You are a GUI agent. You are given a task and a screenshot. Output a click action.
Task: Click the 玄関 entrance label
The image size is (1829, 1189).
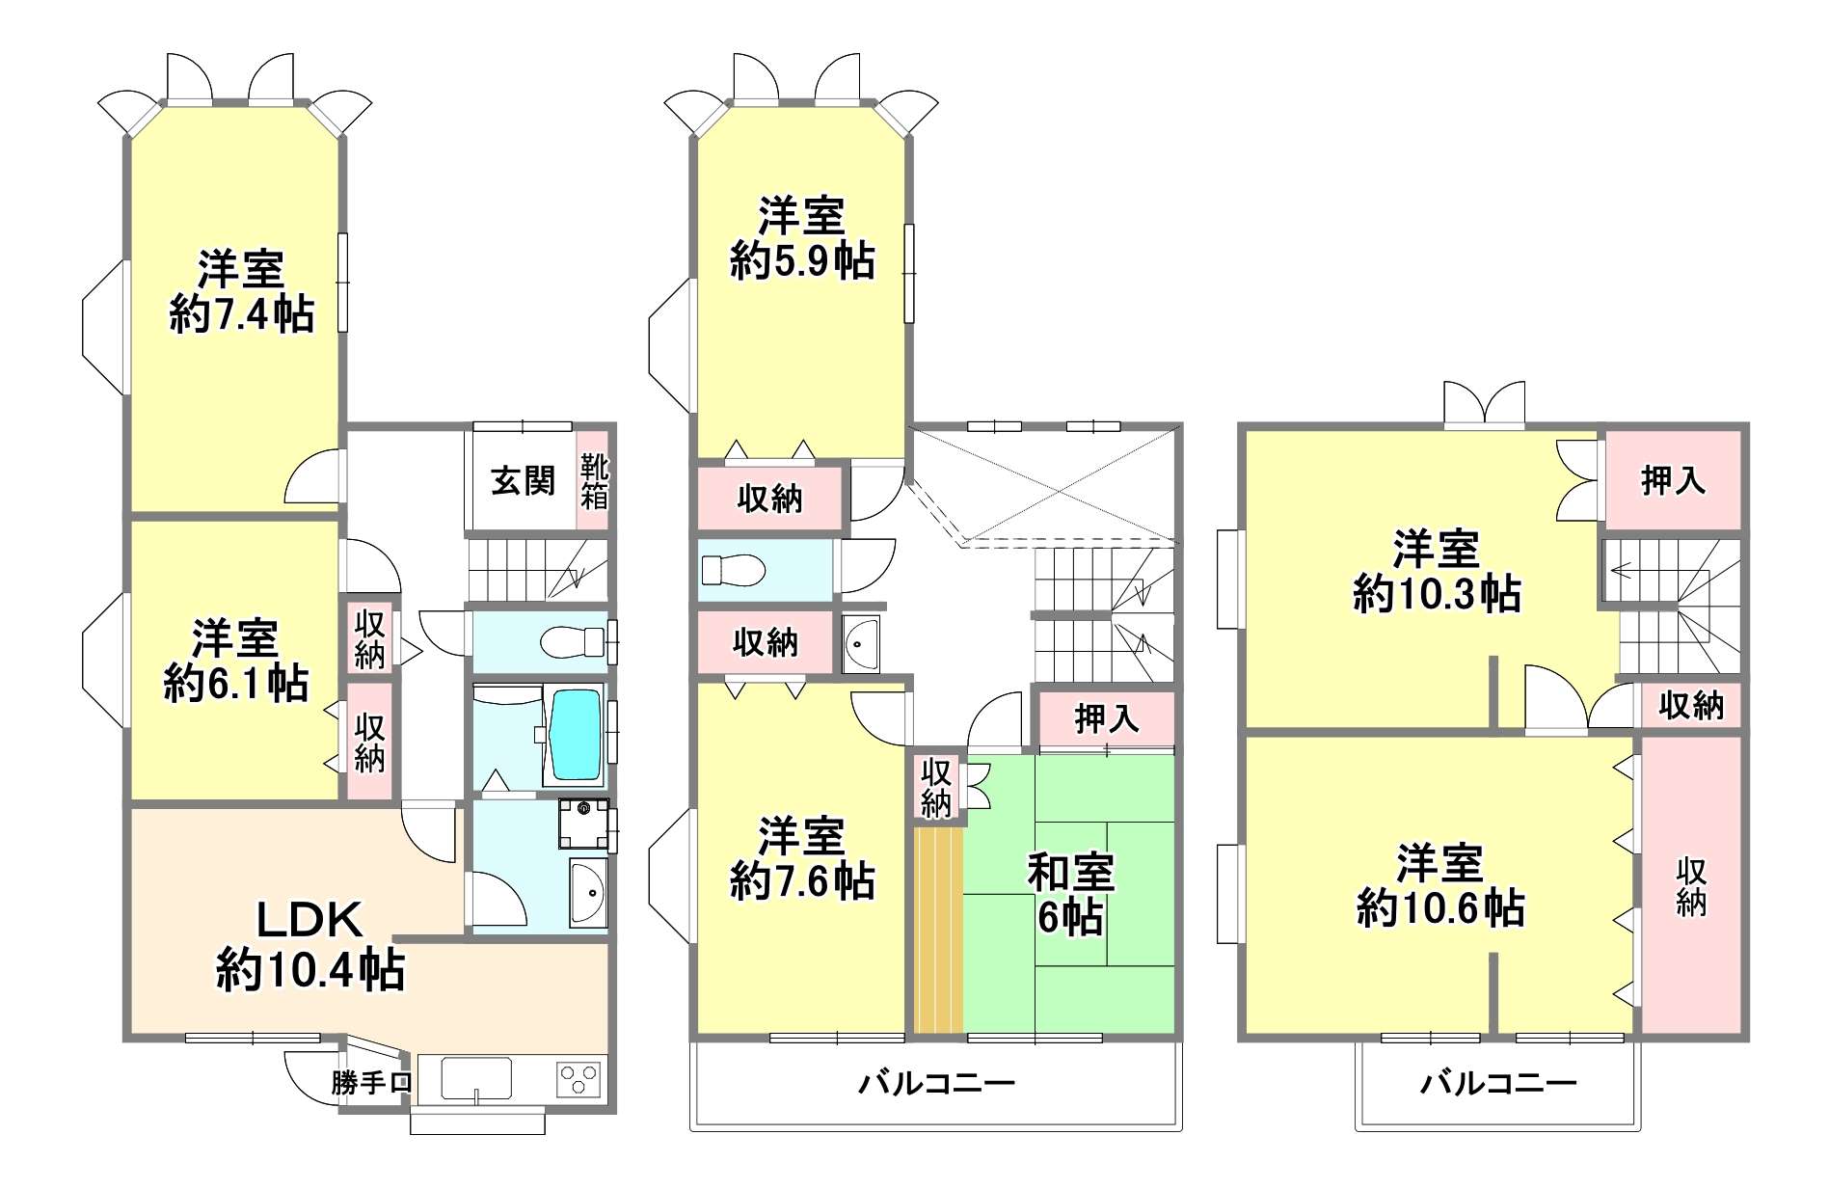pyautogui.click(x=523, y=480)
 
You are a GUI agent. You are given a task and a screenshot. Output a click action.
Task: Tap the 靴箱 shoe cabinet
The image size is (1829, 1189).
pyautogui.click(x=593, y=480)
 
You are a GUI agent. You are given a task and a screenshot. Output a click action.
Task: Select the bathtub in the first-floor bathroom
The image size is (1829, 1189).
pyautogui.click(x=575, y=733)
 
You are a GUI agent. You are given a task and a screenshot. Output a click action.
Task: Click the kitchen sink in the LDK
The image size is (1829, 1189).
pyautogui.click(x=476, y=1078)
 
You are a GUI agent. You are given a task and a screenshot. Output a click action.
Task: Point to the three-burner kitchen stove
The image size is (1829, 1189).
pyautogui.click(x=578, y=1078)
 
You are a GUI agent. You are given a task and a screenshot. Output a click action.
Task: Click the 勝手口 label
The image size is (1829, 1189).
pyautogui.click(x=371, y=1082)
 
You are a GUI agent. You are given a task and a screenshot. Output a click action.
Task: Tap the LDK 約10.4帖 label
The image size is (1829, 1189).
pyautogui.click(x=309, y=945)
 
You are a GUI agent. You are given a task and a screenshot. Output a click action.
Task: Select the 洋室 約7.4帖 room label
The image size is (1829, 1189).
pyautogui.click(x=242, y=291)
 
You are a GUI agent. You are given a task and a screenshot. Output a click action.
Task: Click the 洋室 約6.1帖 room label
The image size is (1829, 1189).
pyautogui.click(x=235, y=661)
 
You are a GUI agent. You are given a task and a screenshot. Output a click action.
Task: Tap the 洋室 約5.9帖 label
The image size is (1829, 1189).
pyautogui.click(x=802, y=238)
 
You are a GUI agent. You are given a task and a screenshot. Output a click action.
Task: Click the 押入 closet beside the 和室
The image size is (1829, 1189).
pyautogui.click(x=1107, y=718)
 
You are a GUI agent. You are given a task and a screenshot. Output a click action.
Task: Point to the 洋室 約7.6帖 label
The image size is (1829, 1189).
pyautogui.click(x=802, y=858)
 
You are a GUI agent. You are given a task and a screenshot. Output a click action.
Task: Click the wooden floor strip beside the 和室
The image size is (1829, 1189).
pyautogui.click(x=938, y=931)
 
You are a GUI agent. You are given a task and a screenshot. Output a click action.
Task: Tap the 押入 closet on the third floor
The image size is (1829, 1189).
pyautogui.click(x=1673, y=479)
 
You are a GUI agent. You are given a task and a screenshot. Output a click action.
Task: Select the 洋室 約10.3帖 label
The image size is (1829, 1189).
pyautogui.click(x=1437, y=571)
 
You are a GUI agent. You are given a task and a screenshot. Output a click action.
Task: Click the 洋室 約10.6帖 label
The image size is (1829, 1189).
pyautogui.click(x=1440, y=886)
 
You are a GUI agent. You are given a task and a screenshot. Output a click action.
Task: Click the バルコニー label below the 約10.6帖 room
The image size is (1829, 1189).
pyautogui.click(x=1498, y=1083)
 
